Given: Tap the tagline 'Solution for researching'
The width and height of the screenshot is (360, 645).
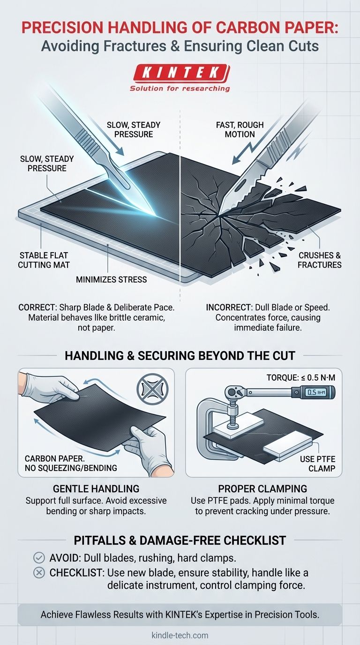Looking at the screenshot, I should (x=180, y=88).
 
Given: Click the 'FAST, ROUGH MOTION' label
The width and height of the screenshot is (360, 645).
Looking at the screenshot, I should (x=240, y=129).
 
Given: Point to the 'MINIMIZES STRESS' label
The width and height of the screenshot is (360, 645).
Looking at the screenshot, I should (x=112, y=279).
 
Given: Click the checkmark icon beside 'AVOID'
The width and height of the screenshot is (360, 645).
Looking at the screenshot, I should (x=39, y=558).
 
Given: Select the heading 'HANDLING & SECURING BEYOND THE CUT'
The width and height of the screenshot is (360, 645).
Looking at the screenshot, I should (x=180, y=355).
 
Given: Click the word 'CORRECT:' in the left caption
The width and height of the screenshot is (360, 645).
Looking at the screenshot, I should (x=37, y=308).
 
